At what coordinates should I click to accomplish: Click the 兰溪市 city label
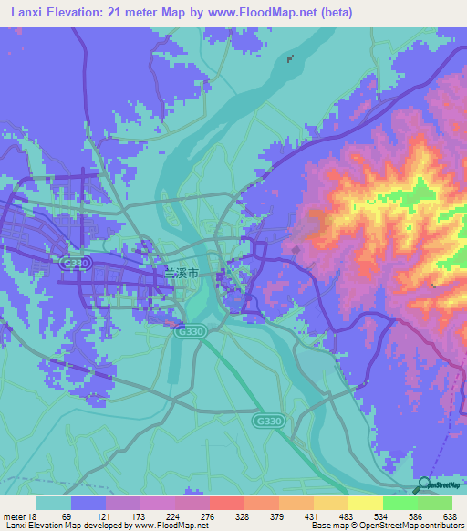[180, 272]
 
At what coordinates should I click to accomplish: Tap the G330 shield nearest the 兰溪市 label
[186, 333]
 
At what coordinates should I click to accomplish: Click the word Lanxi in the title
[25, 12]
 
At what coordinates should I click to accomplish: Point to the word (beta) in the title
[335, 12]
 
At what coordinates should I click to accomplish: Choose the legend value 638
[450, 516]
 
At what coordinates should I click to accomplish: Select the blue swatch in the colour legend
[88, 503]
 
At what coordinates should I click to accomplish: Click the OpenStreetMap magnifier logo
[423, 484]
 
